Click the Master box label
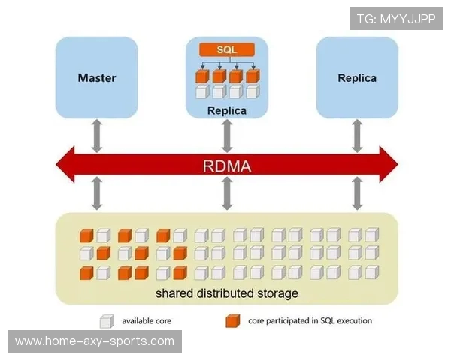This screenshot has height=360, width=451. tap(97, 77)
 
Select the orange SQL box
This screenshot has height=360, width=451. tap(226, 49)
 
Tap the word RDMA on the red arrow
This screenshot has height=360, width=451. tap(226, 166)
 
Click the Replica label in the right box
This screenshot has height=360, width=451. tap(357, 77)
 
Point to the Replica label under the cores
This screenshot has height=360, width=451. tap(226, 111)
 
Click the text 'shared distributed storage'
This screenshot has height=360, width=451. tap(226, 292)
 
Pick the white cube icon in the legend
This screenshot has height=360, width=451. tap(107, 321)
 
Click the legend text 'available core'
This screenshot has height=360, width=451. tap(147, 321)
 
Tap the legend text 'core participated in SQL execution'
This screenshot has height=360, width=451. tap(310, 321)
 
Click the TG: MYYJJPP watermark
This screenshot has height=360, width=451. tap(396, 19)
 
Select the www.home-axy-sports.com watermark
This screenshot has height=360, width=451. tap(95, 341)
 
